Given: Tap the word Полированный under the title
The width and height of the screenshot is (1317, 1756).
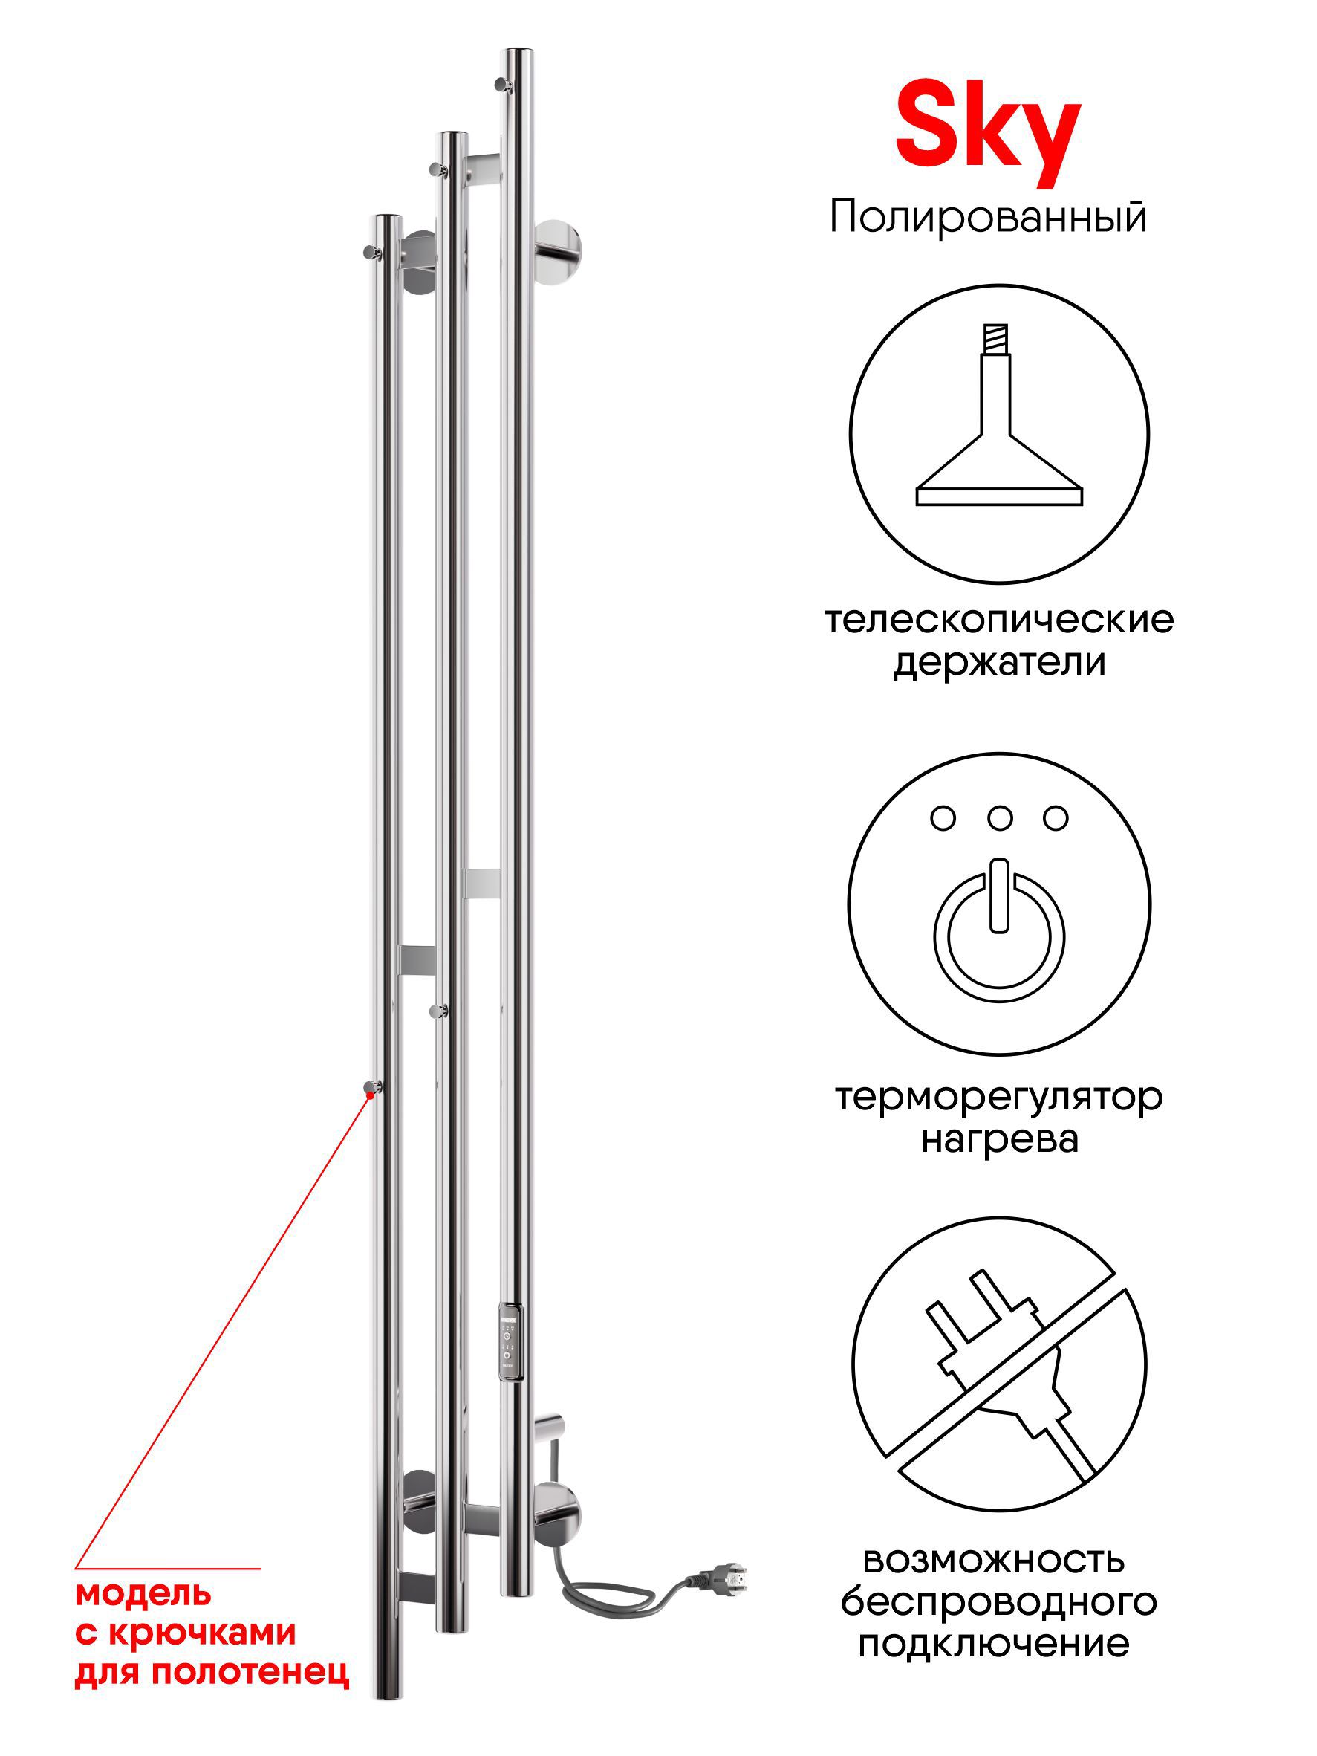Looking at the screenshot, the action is point(988,218).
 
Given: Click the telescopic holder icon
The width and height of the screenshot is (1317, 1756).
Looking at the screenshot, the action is point(999,415).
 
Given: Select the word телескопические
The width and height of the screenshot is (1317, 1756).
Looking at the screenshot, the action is point(999,620).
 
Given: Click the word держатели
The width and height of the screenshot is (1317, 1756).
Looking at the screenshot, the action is point(999,663).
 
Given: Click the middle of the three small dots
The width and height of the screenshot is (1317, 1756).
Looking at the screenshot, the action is point(1000,818).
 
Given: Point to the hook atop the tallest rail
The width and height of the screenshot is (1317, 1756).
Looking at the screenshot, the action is point(501,83).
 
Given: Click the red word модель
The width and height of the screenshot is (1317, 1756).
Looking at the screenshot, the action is point(143,1593).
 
